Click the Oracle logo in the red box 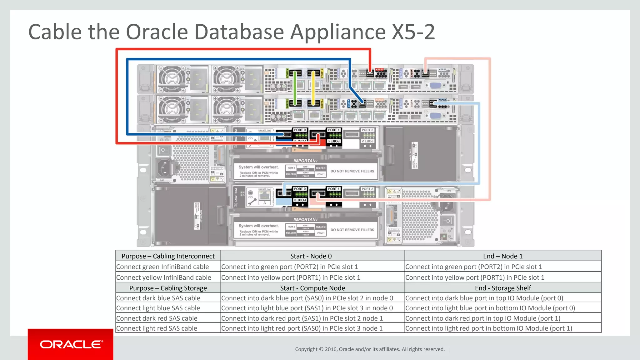pos(71,344)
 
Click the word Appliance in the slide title pos(338,32)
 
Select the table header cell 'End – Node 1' pos(502,256)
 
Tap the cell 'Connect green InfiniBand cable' pos(162,267)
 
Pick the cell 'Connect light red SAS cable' pos(157,328)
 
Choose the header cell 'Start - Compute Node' pos(312,288)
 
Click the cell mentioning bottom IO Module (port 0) pos(490,308)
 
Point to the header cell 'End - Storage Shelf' pos(502,288)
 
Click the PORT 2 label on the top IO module pos(367,130)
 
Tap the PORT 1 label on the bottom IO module pos(333,189)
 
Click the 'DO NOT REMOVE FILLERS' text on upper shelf pos(352,171)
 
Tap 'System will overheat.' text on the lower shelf pos(258,226)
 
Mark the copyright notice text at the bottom pos(370,349)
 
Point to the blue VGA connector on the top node pos(435,85)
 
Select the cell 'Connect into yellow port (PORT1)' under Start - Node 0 pos(291,277)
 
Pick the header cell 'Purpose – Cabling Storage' pos(168,288)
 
